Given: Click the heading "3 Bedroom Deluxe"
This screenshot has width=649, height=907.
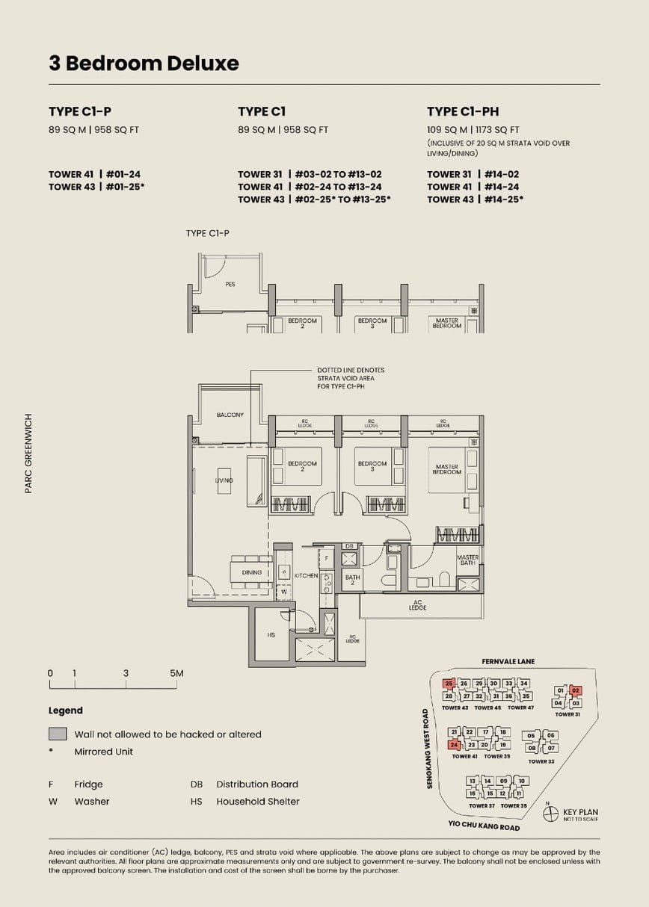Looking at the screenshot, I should [x=144, y=64].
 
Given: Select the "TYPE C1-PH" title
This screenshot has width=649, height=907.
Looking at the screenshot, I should [x=462, y=111].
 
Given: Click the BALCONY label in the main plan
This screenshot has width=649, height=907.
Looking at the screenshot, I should [x=230, y=415].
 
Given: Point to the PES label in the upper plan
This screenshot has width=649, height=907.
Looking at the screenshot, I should [x=230, y=285].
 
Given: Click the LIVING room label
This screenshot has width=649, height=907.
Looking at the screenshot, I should [x=224, y=480].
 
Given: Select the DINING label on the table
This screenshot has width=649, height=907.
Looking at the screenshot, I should [x=252, y=572].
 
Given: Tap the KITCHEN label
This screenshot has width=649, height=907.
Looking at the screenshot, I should [x=306, y=575].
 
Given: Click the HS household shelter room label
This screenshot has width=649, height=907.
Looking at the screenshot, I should [x=271, y=634].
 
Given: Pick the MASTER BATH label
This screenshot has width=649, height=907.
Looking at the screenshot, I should [x=467, y=560].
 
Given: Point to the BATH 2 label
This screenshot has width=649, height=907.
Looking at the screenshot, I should [x=352, y=580].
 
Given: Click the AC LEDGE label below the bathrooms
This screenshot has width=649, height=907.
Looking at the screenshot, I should [x=417, y=605].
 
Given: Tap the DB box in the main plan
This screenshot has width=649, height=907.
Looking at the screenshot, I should [x=348, y=546].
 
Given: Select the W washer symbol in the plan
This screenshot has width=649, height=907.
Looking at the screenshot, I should [x=283, y=592].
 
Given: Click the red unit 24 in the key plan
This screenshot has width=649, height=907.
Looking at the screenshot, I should [x=454, y=745].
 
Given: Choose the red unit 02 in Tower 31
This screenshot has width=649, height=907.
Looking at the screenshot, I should [x=575, y=691].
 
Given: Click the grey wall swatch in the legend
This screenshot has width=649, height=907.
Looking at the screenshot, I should [x=58, y=734].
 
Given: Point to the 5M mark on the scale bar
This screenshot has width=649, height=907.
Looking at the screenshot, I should [x=176, y=673].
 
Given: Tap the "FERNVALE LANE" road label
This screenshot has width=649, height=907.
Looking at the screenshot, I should [x=508, y=661].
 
